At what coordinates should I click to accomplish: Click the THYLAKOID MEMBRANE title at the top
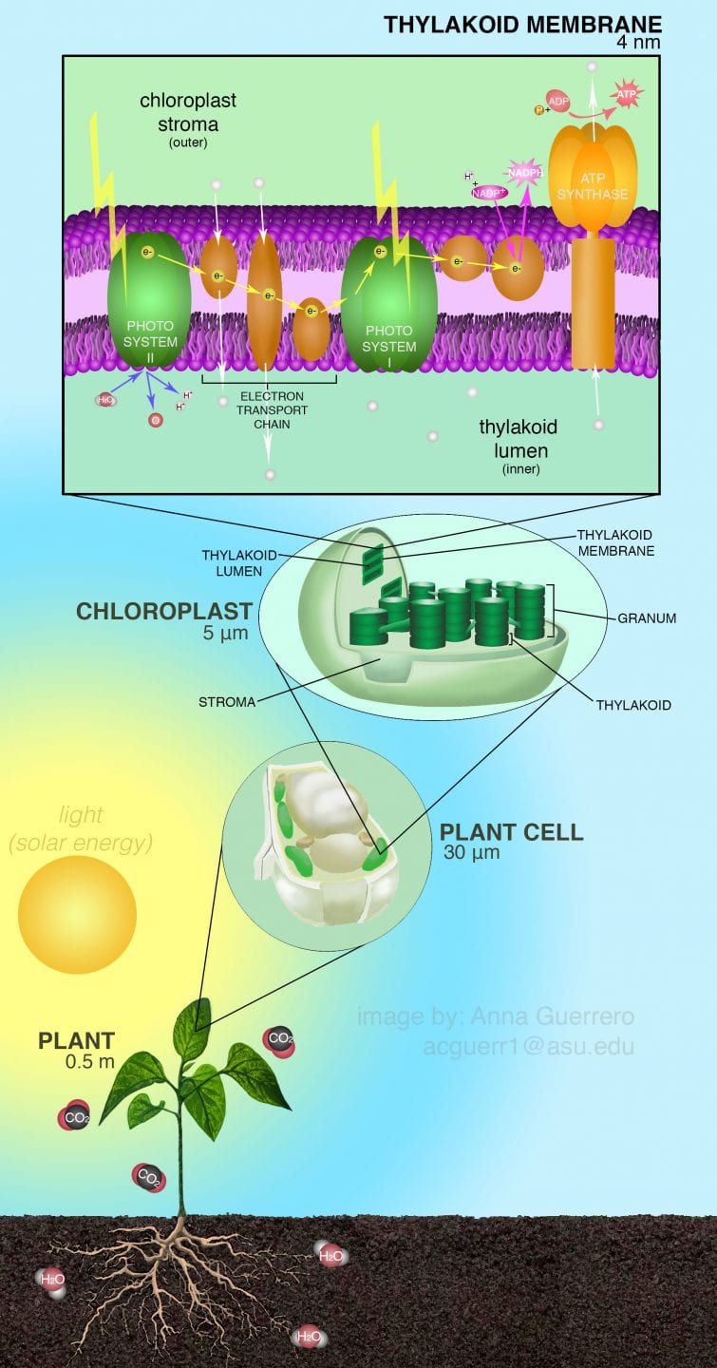[x=521, y=24]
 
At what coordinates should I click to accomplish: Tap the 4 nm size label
[x=637, y=43]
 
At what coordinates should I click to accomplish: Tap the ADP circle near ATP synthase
[x=557, y=100]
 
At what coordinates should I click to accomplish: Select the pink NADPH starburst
[x=523, y=173]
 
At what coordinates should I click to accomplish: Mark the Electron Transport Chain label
[x=272, y=409]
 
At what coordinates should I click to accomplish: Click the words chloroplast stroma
[x=188, y=112]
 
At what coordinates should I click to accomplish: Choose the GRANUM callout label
[x=647, y=617]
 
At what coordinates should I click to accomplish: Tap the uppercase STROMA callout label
[x=227, y=703]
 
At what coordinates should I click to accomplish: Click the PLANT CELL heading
[x=511, y=833]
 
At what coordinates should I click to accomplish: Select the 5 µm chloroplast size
[x=225, y=633]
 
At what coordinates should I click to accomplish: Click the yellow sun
[x=77, y=913]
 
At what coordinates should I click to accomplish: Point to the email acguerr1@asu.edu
[x=528, y=1047]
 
